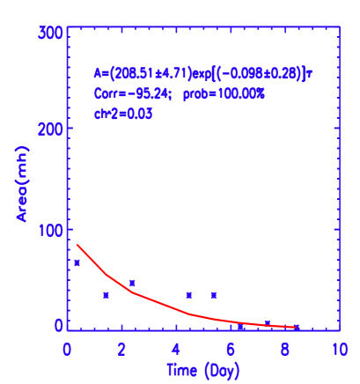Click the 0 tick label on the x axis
pyautogui.click(x=68, y=350)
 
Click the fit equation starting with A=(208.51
pyautogui.click(x=202, y=74)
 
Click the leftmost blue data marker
pyautogui.click(x=77, y=262)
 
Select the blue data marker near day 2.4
pyautogui.click(x=132, y=283)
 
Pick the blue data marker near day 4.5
pyautogui.click(x=188, y=295)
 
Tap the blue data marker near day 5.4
pyautogui.click(x=213, y=295)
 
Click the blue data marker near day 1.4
pyautogui.click(x=106, y=295)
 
